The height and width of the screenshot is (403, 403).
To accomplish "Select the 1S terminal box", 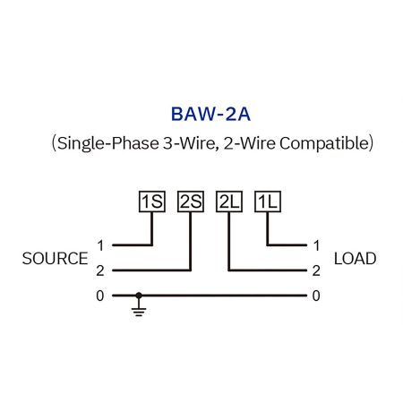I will tap(152, 201).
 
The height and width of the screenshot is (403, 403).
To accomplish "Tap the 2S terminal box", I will tap(191, 201).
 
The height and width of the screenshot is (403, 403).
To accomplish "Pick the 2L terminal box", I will tap(229, 201).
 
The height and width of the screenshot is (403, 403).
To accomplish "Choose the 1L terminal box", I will tap(268, 201).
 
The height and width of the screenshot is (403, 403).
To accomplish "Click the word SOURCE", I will tap(55, 259).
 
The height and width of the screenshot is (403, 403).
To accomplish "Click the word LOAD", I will tap(355, 259).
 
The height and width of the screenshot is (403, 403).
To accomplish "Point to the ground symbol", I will tap(138, 309).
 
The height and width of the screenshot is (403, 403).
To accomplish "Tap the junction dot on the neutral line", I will tap(138, 296).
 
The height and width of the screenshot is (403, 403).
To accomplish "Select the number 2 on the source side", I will tap(101, 270).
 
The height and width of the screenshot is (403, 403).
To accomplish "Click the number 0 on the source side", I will tap(101, 296).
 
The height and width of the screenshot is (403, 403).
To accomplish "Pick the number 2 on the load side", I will tap(316, 270).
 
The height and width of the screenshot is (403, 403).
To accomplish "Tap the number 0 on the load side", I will tap(316, 296).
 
